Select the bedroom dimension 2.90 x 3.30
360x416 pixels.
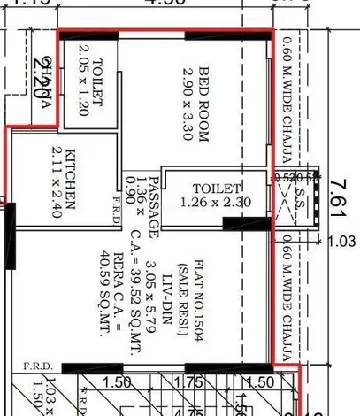pyautogui.click(x=188, y=99)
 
